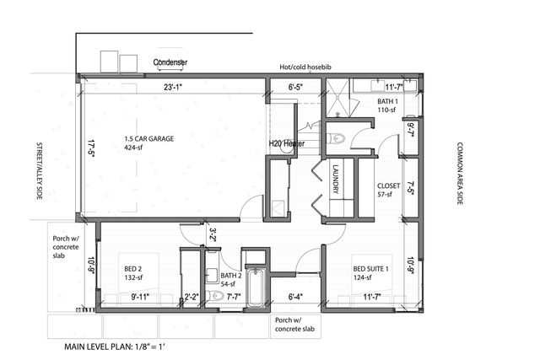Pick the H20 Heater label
click(287, 144)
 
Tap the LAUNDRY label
click(335, 178)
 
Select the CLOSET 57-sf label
click(390, 189)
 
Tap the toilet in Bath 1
click(338, 138)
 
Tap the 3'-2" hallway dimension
click(213, 234)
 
